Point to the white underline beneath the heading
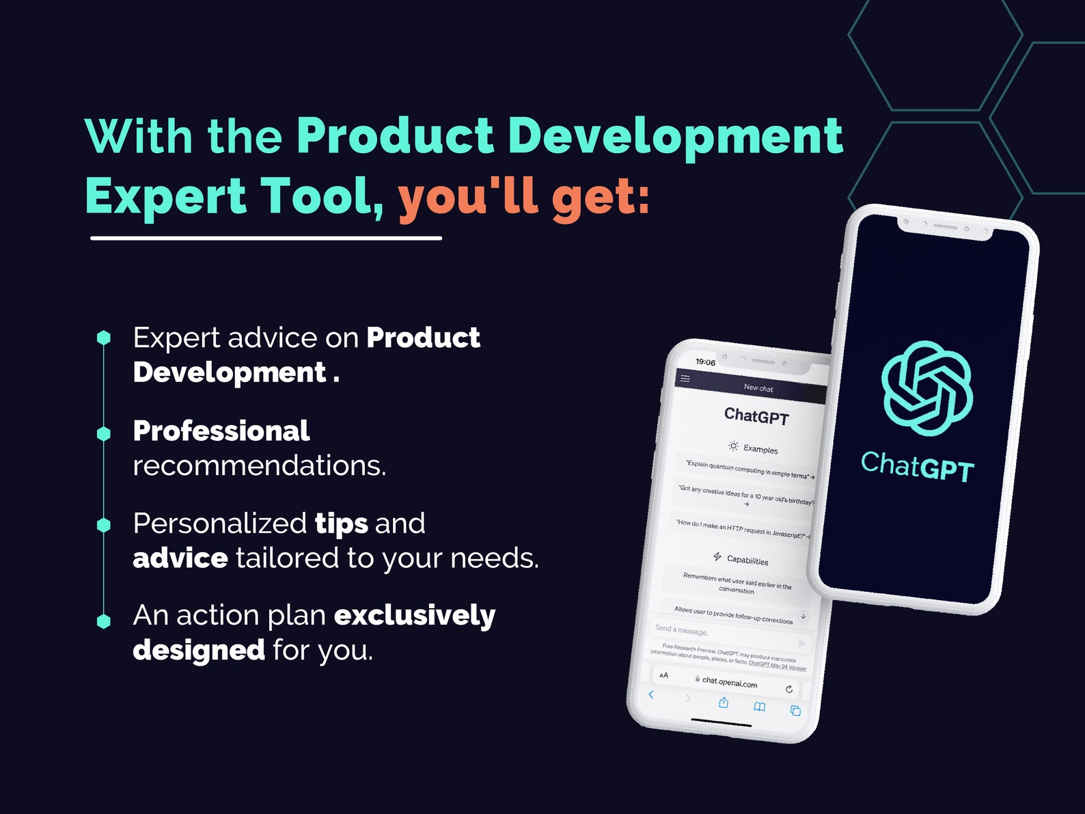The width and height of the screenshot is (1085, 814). (266, 238)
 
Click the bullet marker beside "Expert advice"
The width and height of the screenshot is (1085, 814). (104, 338)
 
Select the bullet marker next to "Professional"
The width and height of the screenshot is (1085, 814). (104, 433)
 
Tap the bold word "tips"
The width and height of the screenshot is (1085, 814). (341, 524)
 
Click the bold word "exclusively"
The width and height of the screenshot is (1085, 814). (414, 615)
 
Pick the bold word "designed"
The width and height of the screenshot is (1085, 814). (198, 649)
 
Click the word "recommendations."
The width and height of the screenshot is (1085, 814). (259, 465)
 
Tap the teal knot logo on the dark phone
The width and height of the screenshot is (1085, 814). (926, 388)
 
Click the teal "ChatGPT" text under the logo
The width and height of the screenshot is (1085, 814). (917, 467)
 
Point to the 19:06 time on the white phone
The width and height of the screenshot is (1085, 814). (705, 362)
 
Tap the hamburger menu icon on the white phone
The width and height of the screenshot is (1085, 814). (685, 379)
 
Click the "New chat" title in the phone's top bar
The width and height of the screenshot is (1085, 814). (758, 388)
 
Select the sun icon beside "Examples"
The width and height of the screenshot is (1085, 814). (733, 446)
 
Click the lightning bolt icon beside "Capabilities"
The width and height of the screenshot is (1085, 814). (717, 556)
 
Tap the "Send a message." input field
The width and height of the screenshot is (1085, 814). (717, 634)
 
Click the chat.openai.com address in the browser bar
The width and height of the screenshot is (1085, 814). (729, 682)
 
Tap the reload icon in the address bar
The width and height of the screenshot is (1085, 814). (789, 689)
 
